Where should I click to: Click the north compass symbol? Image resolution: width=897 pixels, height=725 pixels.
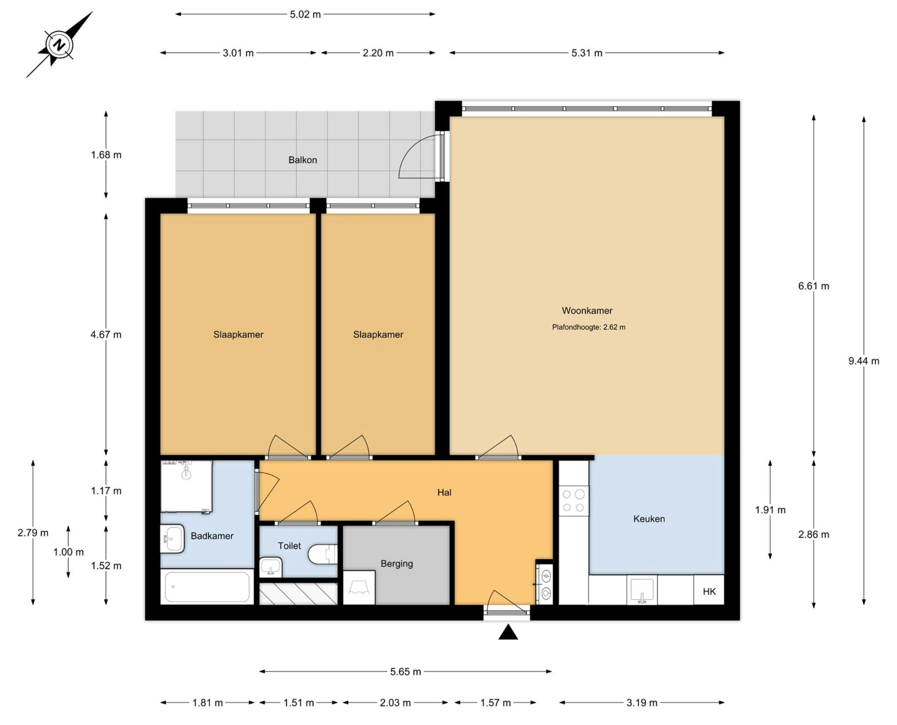[x=60, y=44]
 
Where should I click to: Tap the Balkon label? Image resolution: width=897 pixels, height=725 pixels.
[x=303, y=160]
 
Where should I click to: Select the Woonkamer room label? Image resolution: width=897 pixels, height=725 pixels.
[x=587, y=311]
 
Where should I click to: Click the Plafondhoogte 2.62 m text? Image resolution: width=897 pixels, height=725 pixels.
[x=589, y=328]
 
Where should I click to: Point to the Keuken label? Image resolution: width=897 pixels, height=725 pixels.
[x=649, y=519]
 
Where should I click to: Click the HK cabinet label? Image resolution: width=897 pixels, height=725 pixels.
[x=709, y=591]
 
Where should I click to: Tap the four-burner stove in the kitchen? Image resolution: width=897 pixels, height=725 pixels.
[x=574, y=501]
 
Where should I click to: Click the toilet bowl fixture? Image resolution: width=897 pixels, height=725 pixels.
[x=322, y=554]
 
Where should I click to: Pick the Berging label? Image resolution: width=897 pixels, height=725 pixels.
[x=397, y=564]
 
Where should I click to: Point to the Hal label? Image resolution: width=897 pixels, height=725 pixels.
[x=444, y=492]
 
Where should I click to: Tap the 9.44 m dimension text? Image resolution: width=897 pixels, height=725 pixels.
[x=864, y=361]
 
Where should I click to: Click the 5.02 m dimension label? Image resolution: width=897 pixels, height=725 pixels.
[x=305, y=14]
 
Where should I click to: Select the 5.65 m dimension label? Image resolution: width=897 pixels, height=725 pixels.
[x=405, y=672]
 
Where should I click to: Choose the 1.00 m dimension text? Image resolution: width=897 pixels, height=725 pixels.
[x=68, y=552]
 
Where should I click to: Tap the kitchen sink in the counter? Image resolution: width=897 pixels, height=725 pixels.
[x=642, y=590]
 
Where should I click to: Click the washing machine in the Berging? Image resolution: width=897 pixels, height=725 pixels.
[x=359, y=588]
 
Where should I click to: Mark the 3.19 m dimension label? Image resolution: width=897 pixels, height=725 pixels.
[x=642, y=703]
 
